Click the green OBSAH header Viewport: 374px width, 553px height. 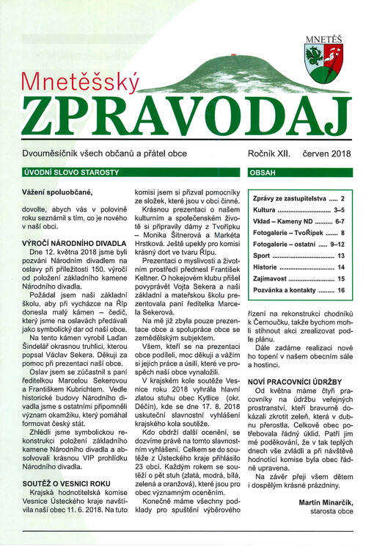click(x=263, y=173)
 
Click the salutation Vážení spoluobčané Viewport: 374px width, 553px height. click(x=57, y=192)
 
